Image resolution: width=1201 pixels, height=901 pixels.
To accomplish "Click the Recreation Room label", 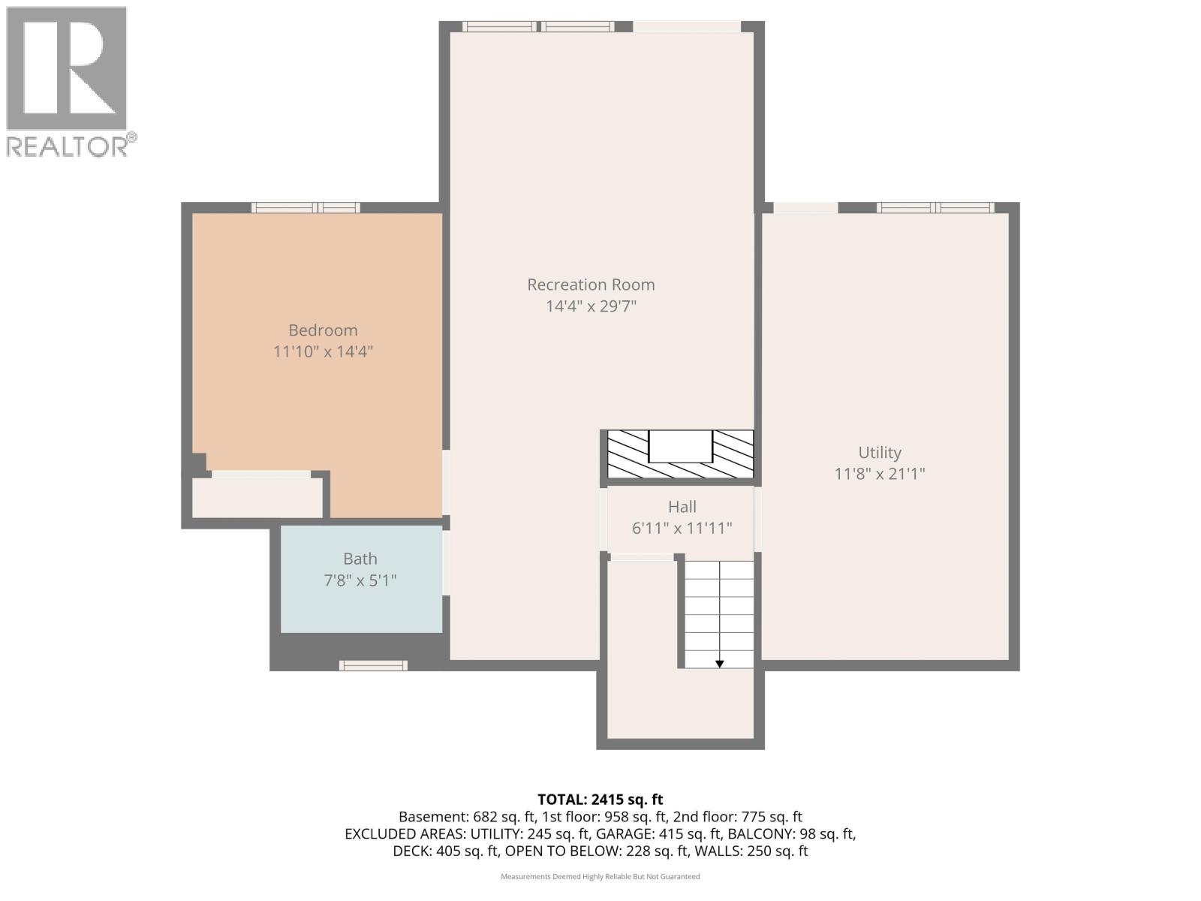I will (x=591, y=285).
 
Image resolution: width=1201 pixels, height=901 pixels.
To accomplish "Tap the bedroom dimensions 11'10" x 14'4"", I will (x=323, y=351).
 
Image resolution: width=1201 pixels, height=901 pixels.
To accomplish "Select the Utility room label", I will (x=880, y=453).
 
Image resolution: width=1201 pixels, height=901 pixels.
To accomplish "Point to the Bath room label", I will (x=360, y=559).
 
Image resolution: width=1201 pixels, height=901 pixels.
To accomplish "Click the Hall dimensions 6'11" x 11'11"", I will (x=682, y=529).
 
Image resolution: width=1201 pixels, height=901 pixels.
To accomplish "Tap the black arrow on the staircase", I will (x=719, y=663).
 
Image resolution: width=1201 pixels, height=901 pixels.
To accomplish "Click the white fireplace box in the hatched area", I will (x=679, y=446).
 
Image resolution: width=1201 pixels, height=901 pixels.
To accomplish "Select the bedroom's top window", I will (x=306, y=208).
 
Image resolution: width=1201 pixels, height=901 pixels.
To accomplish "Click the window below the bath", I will (x=373, y=665).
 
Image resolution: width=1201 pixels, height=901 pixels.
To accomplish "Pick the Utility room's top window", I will (x=935, y=208).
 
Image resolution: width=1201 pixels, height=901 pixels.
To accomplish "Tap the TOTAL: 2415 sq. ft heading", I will (x=600, y=800).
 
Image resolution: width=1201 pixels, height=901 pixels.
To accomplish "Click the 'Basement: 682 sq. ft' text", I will (x=466, y=817).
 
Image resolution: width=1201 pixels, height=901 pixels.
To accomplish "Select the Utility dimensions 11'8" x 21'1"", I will (x=880, y=474).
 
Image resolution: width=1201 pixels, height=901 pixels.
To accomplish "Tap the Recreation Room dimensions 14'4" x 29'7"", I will (x=591, y=306).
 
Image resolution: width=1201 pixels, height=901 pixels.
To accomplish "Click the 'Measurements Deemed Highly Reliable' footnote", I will (x=600, y=877).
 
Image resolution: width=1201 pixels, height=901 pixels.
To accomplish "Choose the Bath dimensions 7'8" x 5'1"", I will (x=360, y=580).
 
